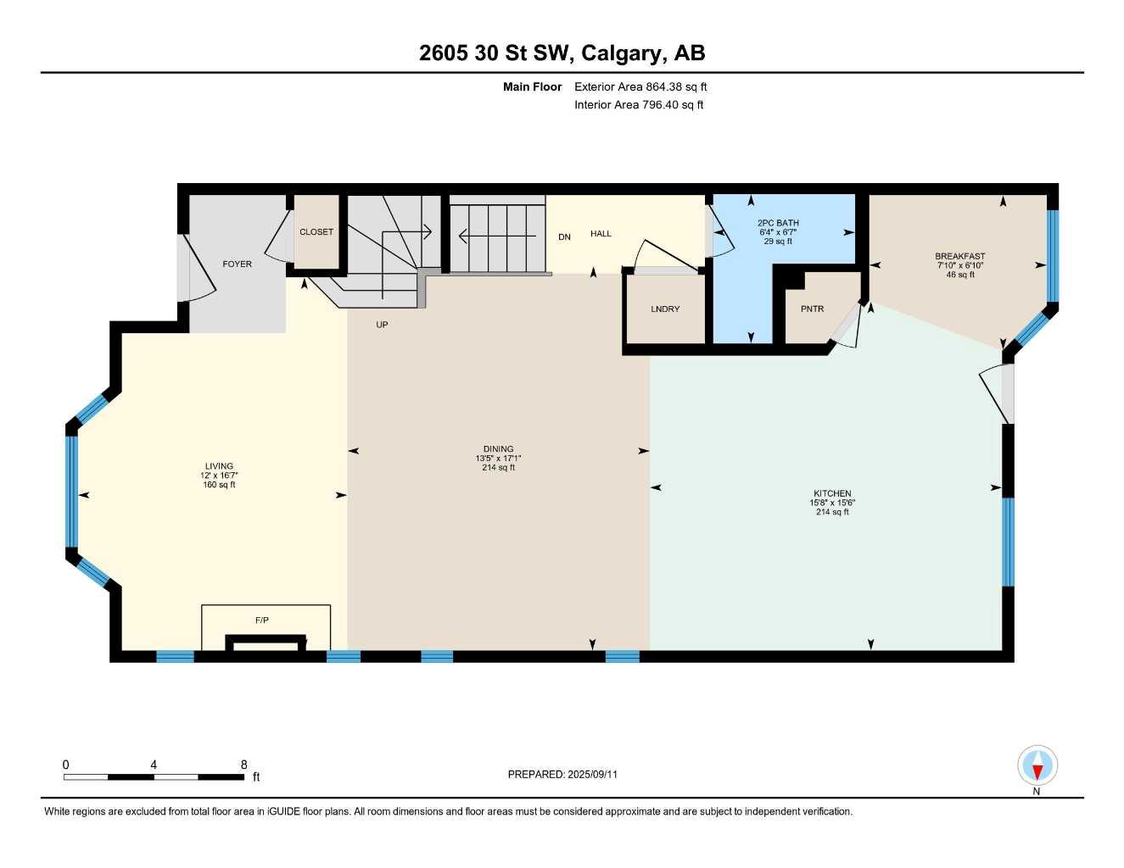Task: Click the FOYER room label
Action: (237, 264)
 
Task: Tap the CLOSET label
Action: (316, 232)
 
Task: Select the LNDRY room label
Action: (665, 309)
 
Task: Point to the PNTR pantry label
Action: (812, 309)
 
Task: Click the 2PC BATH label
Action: (778, 223)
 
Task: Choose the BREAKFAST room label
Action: (960, 256)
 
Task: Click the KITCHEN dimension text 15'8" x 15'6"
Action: (832, 503)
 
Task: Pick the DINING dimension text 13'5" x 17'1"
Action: (498, 459)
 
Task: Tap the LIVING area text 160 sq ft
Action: (219, 485)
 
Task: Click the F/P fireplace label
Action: (262, 620)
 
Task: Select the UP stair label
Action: (382, 325)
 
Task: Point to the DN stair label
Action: (564, 237)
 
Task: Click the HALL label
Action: (601, 234)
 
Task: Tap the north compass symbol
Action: (1037, 767)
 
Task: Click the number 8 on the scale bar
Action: (244, 765)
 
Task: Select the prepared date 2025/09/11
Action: (593, 774)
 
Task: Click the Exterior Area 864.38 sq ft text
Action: (640, 86)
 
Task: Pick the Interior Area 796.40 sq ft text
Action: (639, 105)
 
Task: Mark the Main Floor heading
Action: (532, 86)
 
